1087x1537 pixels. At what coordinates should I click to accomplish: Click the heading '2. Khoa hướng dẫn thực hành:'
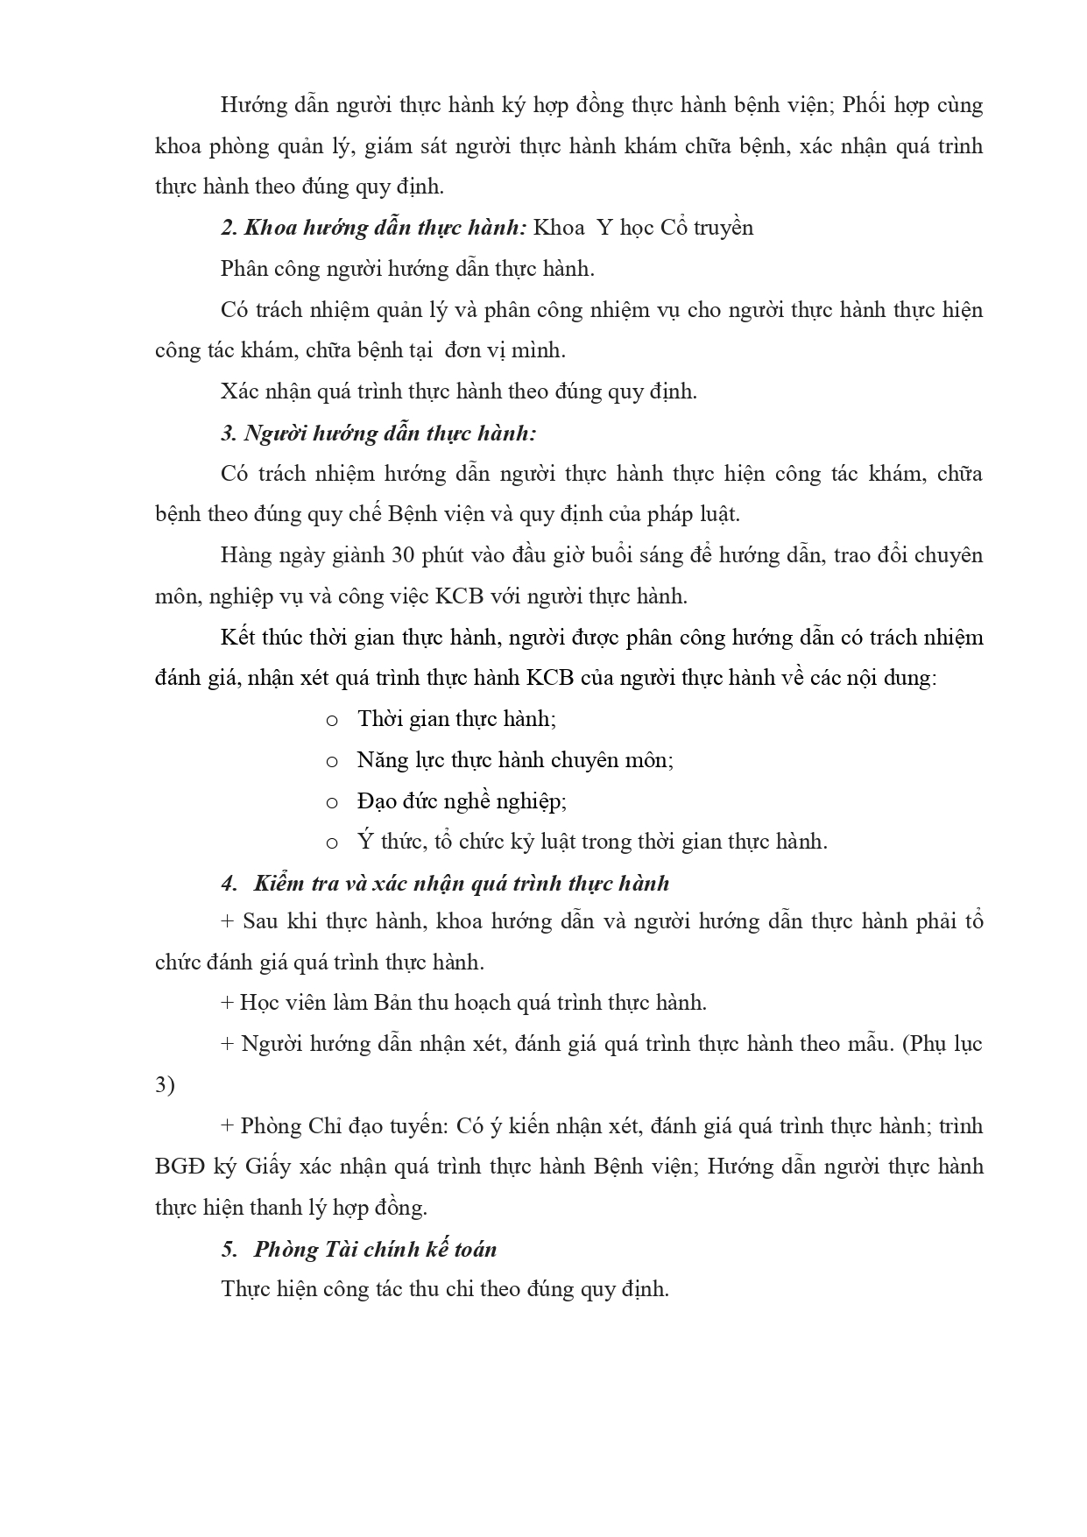373,228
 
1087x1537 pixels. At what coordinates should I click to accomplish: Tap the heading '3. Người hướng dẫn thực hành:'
378,433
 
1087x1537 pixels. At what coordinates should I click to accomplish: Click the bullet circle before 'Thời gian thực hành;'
332,721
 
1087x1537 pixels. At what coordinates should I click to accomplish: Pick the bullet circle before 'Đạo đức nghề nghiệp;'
332,802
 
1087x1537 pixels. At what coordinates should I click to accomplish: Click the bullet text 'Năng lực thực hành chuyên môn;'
515,760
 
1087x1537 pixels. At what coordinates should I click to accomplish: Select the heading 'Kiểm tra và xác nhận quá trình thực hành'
461,883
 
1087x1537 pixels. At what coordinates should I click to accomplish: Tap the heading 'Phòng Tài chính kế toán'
375,1249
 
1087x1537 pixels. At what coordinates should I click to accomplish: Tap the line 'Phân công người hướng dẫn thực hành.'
407,269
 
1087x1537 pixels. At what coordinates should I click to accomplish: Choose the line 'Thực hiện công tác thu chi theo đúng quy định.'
445,1289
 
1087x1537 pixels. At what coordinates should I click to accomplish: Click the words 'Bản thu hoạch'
442,1003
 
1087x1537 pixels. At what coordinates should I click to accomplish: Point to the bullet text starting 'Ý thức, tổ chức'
592,842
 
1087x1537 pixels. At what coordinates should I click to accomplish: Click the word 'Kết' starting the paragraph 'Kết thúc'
237,637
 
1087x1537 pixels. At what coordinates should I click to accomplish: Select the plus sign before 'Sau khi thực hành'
228,921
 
